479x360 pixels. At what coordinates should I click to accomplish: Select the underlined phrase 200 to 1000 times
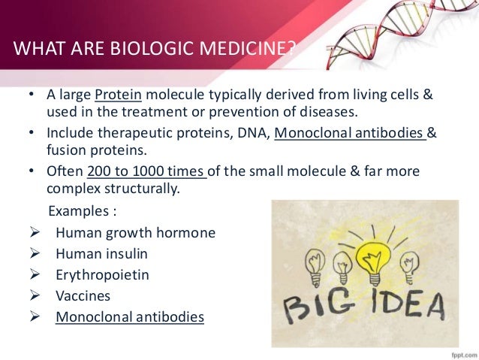(x=146, y=172)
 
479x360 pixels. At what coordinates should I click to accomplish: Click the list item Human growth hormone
(x=135, y=232)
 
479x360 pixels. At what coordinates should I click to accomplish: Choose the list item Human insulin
(x=101, y=254)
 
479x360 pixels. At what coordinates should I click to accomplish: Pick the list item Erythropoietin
(x=102, y=275)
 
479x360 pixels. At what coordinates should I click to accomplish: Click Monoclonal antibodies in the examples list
(x=130, y=317)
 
